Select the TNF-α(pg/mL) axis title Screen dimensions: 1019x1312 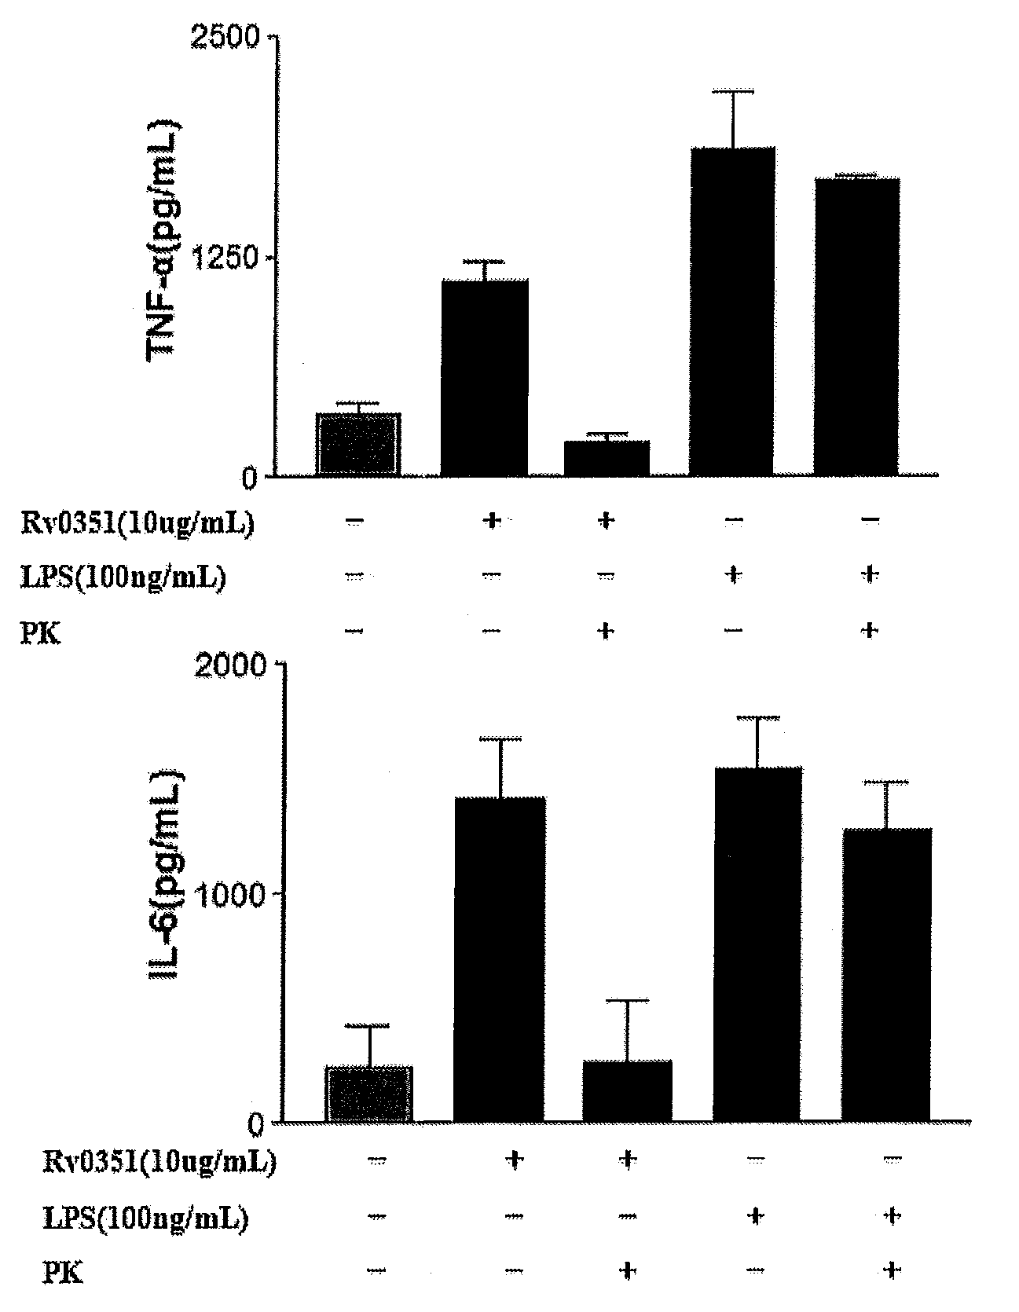(x=163, y=240)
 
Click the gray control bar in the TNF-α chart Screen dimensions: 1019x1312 (x=359, y=444)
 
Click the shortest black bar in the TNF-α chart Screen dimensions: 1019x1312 (x=607, y=458)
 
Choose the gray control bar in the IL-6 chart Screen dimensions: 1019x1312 (x=369, y=1094)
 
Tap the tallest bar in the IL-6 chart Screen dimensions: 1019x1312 (x=757, y=944)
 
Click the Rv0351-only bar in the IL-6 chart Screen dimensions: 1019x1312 (x=500, y=959)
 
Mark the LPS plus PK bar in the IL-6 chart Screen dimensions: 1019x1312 (x=886, y=975)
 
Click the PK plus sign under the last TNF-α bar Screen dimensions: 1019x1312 (x=869, y=630)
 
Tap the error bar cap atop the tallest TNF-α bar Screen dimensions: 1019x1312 (x=732, y=91)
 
